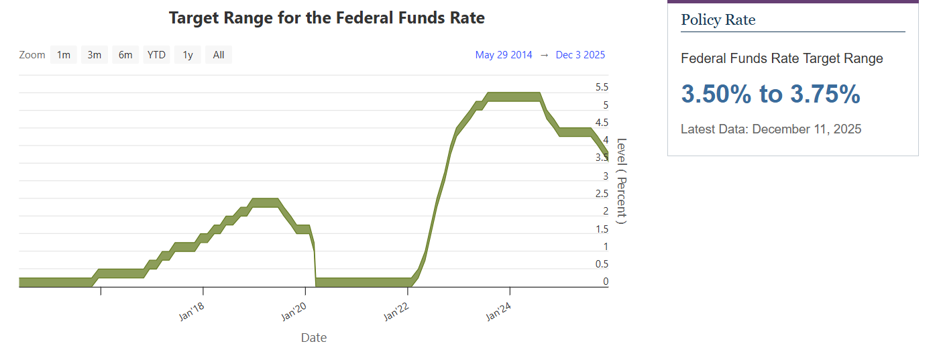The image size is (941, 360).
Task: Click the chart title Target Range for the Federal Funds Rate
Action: (327, 18)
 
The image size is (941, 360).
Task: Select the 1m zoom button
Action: (64, 55)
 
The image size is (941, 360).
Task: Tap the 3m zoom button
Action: (95, 55)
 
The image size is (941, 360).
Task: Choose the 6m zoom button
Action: (125, 55)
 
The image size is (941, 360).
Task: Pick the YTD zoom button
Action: (156, 55)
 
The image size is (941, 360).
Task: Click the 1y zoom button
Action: (188, 55)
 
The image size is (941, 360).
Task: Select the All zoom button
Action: (219, 55)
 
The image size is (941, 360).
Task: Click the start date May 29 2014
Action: (504, 55)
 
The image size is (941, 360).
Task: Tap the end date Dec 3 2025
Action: (580, 55)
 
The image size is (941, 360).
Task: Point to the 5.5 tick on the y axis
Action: (602, 87)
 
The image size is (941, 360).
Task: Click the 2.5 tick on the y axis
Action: (602, 194)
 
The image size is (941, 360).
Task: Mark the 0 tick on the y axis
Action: (606, 282)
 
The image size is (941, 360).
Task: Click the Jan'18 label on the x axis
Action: (192, 312)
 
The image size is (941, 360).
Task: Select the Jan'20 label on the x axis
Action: (294, 312)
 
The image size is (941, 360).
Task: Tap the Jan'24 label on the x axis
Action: (499, 312)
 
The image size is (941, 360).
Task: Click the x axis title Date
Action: (314, 338)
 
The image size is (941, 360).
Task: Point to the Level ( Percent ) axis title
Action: (621, 181)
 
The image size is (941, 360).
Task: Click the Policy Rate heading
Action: (718, 20)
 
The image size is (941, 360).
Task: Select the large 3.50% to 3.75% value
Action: (771, 95)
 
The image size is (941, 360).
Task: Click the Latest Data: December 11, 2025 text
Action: (771, 129)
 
